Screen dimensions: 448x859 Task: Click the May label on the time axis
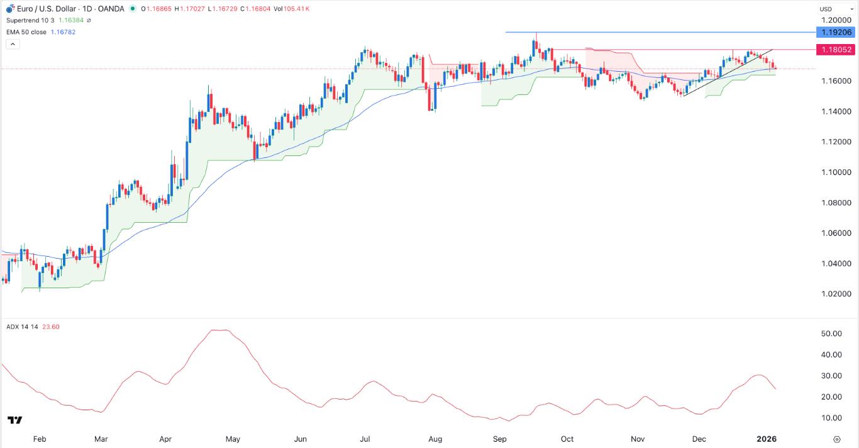233,439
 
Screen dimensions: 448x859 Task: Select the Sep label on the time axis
500,439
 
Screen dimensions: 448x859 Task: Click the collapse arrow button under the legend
13,44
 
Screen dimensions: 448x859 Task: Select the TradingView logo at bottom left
15,420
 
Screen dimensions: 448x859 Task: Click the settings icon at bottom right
837,439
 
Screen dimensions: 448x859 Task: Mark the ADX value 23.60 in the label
50,327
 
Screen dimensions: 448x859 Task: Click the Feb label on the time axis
39,439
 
